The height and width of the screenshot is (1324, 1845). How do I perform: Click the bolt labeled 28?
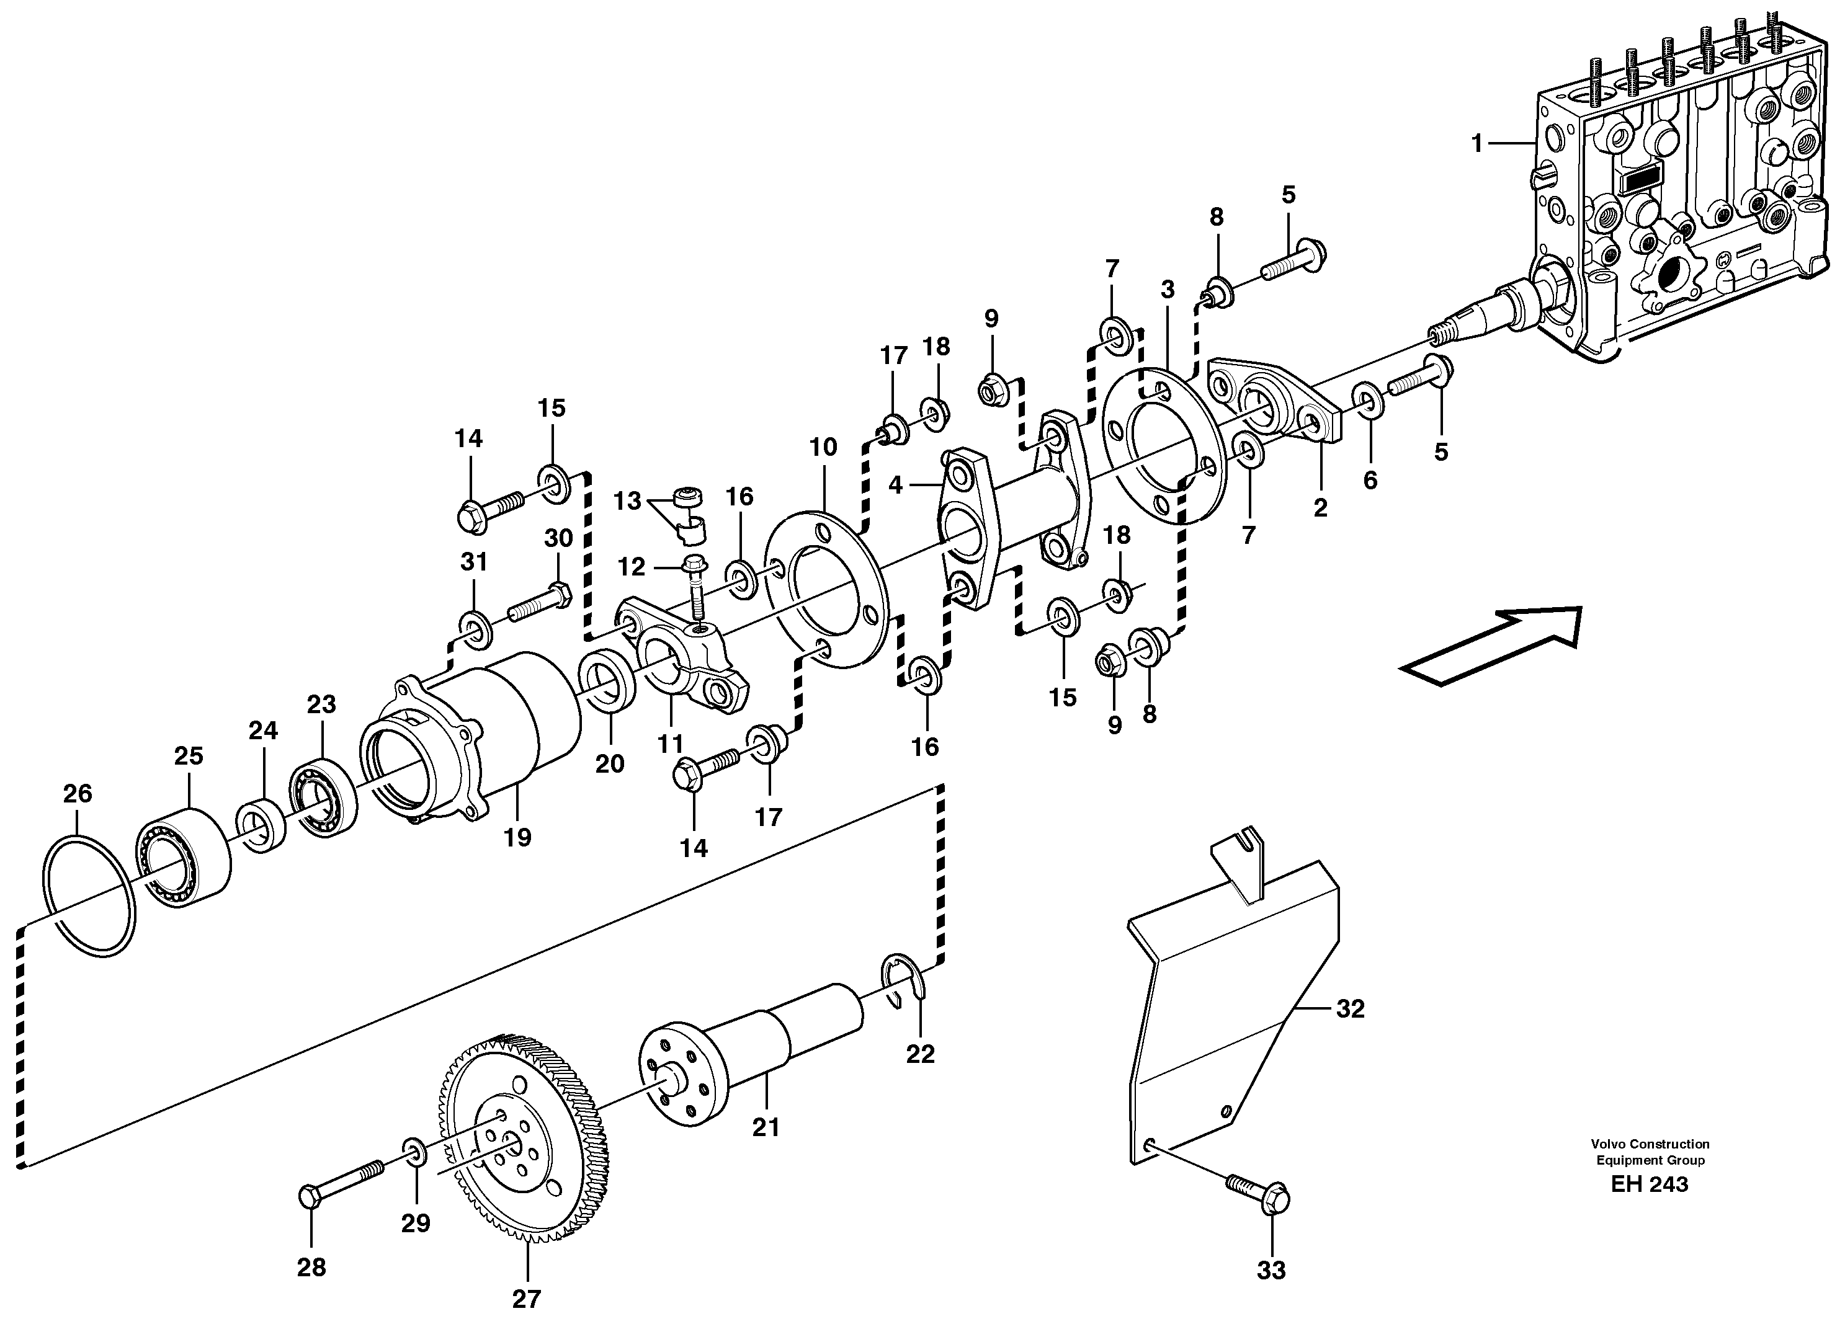342,1183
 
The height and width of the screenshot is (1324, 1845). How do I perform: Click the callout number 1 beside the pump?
1477,144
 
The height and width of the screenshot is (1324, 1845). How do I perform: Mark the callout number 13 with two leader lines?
627,501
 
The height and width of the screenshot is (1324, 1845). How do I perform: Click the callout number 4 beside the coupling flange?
896,486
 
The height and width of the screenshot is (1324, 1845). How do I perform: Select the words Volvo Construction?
1649,1144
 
